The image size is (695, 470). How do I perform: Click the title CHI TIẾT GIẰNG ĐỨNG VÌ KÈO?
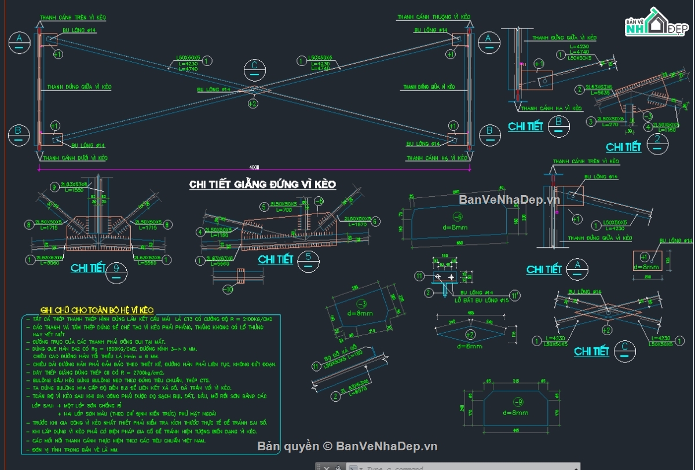pyautogui.click(x=262, y=184)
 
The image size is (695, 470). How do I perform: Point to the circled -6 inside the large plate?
pyautogui.click(x=457, y=216)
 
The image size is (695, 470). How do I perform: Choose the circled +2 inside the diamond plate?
pyautogui.click(x=470, y=335)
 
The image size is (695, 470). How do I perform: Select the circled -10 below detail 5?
pyautogui.click(x=228, y=289)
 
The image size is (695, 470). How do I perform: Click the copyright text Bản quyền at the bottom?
pyautogui.click(x=288, y=446)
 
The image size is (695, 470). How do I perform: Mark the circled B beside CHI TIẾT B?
pyautogui.click(x=559, y=124)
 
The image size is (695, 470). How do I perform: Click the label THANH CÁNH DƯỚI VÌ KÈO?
pyautogui.click(x=75, y=157)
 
